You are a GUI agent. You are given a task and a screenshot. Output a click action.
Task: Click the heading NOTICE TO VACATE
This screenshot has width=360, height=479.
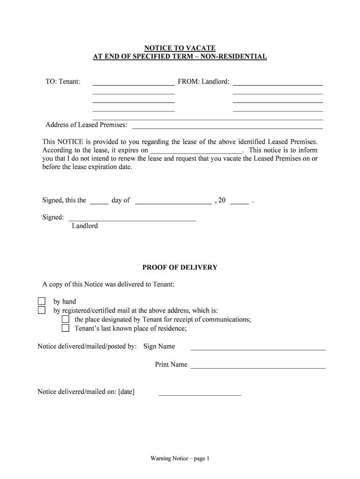click(x=180, y=48)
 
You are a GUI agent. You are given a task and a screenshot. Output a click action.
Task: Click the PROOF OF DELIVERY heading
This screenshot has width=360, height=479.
click(x=180, y=268)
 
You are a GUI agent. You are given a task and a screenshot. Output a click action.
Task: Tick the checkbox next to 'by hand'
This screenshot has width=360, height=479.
click(x=42, y=301)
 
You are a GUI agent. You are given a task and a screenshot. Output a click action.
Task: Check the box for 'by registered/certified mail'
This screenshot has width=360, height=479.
click(x=42, y=310)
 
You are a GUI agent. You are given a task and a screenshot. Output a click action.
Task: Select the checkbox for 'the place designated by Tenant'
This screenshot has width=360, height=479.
click(x=65, y=319)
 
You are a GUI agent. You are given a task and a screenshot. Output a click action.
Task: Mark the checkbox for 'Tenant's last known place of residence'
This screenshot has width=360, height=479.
click(x=65, y=328)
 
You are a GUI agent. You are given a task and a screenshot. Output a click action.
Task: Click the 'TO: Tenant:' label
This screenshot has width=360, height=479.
click(x=63, y=82)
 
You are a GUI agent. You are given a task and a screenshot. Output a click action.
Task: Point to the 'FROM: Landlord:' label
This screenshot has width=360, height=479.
click(x=203, y=82)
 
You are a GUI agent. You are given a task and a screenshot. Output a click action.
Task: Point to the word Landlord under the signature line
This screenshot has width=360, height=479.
click(x=85, y=226)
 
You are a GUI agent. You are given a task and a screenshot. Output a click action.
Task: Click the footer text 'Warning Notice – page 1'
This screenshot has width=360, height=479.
click(x=180, y=459)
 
